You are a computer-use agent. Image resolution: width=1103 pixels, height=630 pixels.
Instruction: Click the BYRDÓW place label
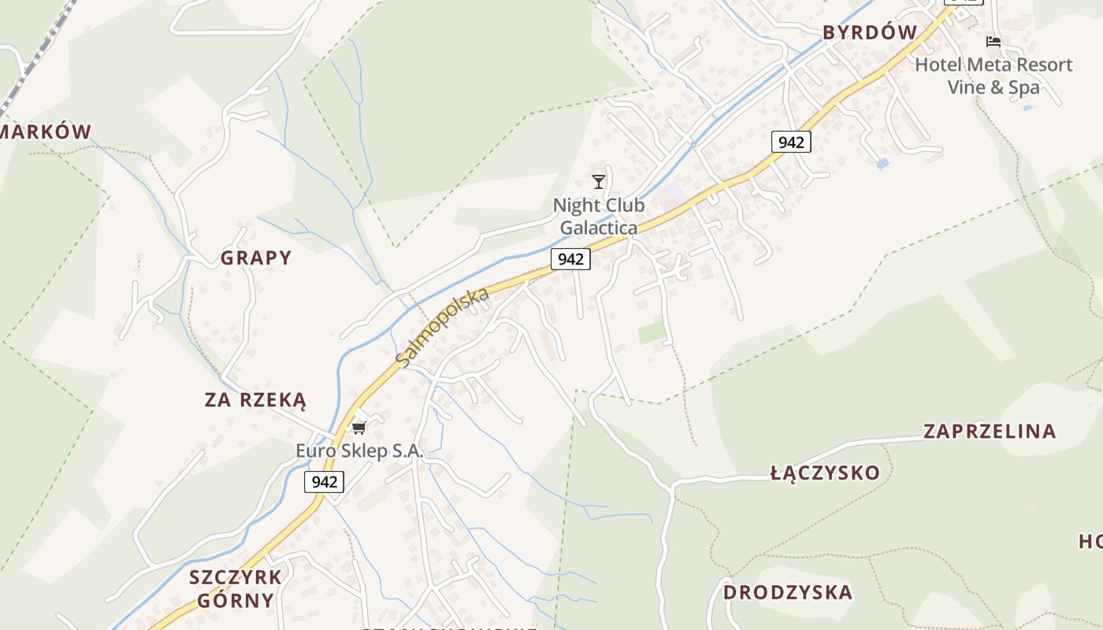pyautogui.click(x=870, y=32)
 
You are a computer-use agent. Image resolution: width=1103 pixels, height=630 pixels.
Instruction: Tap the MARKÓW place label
pyautogui.click(x=46, y=132)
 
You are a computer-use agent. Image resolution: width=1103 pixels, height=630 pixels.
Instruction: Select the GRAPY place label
pyautogui.click(x=256, y=258)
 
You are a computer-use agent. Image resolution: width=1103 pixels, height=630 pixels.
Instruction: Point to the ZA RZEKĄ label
pyautogui.click(x=255, y=400)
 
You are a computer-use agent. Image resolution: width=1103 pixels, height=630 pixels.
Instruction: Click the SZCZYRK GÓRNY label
pyautogui.click(x=235, y=588)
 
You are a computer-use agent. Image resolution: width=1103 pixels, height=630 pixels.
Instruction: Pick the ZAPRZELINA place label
pyautogui.click(x=990, y=432)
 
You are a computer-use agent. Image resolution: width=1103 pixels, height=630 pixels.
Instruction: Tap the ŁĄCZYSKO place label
pyautogui.click(x=825, y=472)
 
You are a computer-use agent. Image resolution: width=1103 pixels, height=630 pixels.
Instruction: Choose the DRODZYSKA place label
pyautogui.click(x=788, y=592)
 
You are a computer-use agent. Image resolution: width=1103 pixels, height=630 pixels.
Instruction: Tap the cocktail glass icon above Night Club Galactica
pyautogui.click(x=599, y=182)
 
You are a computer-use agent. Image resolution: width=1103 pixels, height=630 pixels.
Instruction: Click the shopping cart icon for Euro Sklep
pyautogui.click(x=359, y=428)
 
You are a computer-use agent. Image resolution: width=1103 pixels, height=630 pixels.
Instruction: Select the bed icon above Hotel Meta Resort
pyautogui.click(x=993, y=41)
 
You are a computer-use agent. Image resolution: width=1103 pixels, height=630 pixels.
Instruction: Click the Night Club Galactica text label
pyautogui.click(x=599, y=217)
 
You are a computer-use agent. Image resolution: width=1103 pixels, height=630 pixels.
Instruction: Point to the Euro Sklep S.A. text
pyautogui.click(x=359, y=452)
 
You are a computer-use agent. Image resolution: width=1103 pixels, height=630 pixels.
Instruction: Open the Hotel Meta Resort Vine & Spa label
pyautogui.click(x=993, y=76)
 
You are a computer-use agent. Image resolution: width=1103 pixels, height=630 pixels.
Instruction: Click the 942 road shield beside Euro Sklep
pyautogui.click(x=325, y=482)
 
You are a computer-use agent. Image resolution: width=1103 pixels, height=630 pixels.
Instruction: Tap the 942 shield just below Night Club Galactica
pyautogui.click(x=570, y=258)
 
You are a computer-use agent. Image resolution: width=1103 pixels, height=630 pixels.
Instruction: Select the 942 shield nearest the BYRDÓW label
pyautogui.click(x=791, y=142)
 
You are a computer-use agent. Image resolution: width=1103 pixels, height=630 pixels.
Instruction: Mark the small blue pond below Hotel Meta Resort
pyautogui.click(x=882, y=164)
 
